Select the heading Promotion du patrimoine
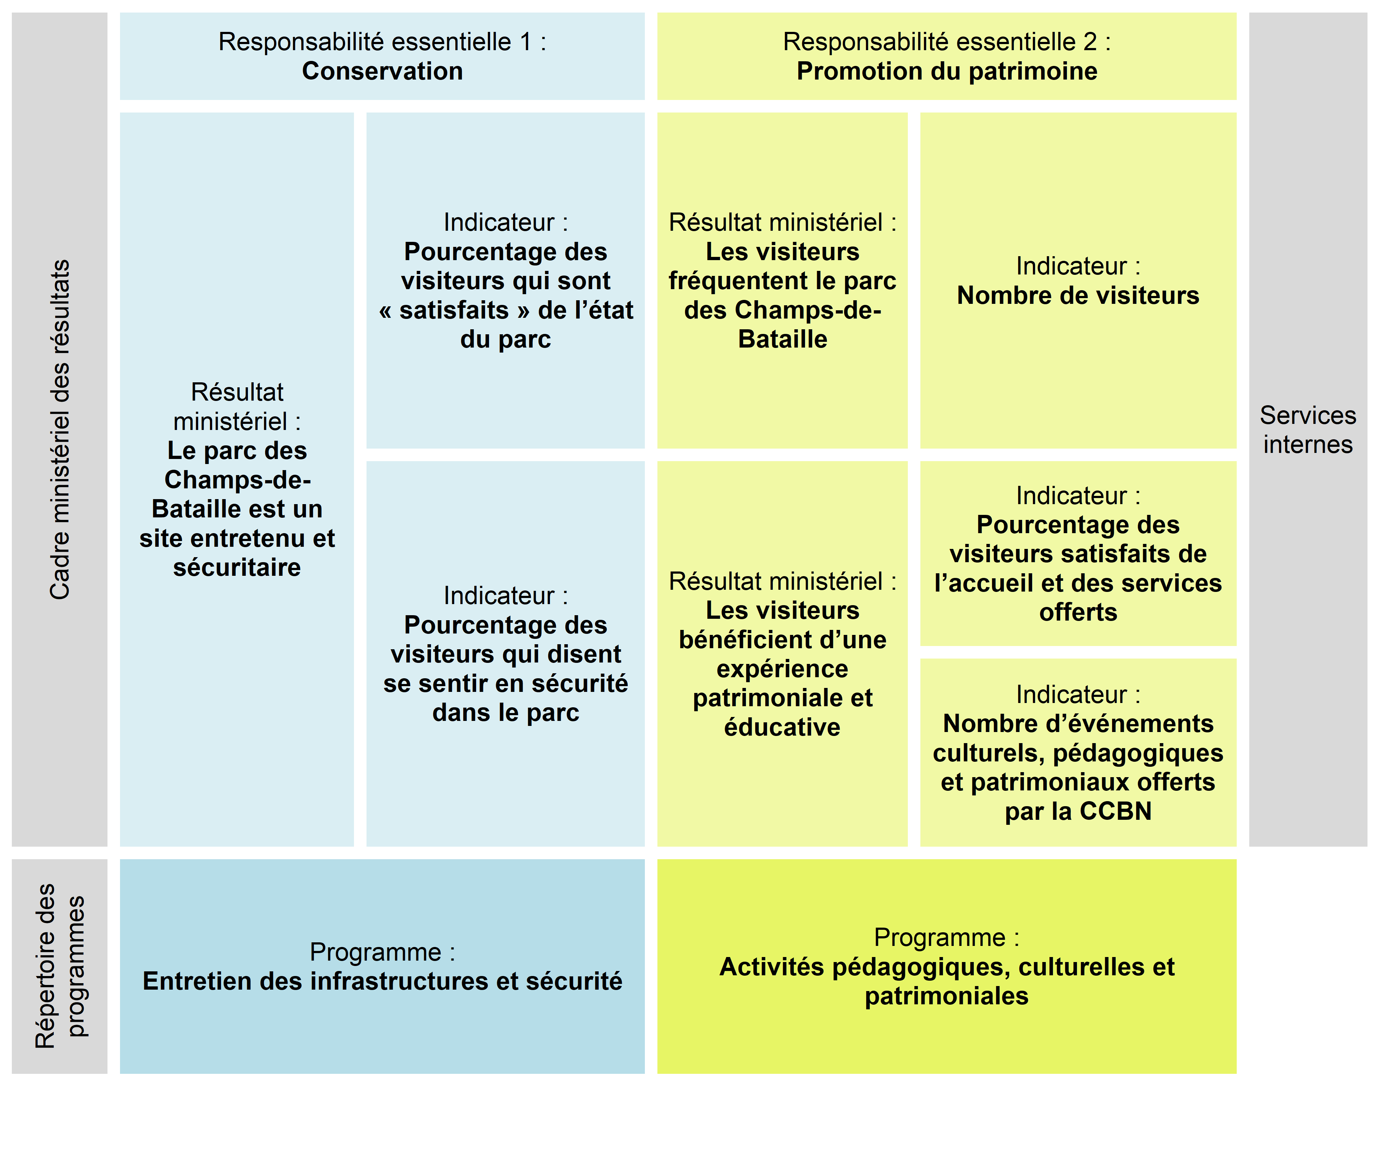tap(947, 71)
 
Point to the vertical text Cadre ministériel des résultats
tap(60, 429)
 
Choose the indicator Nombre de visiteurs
tap(1078, 295)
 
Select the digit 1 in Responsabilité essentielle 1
tap(526, 42)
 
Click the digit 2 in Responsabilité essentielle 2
tap(1090, 42)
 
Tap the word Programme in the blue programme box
tap(375, 952)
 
